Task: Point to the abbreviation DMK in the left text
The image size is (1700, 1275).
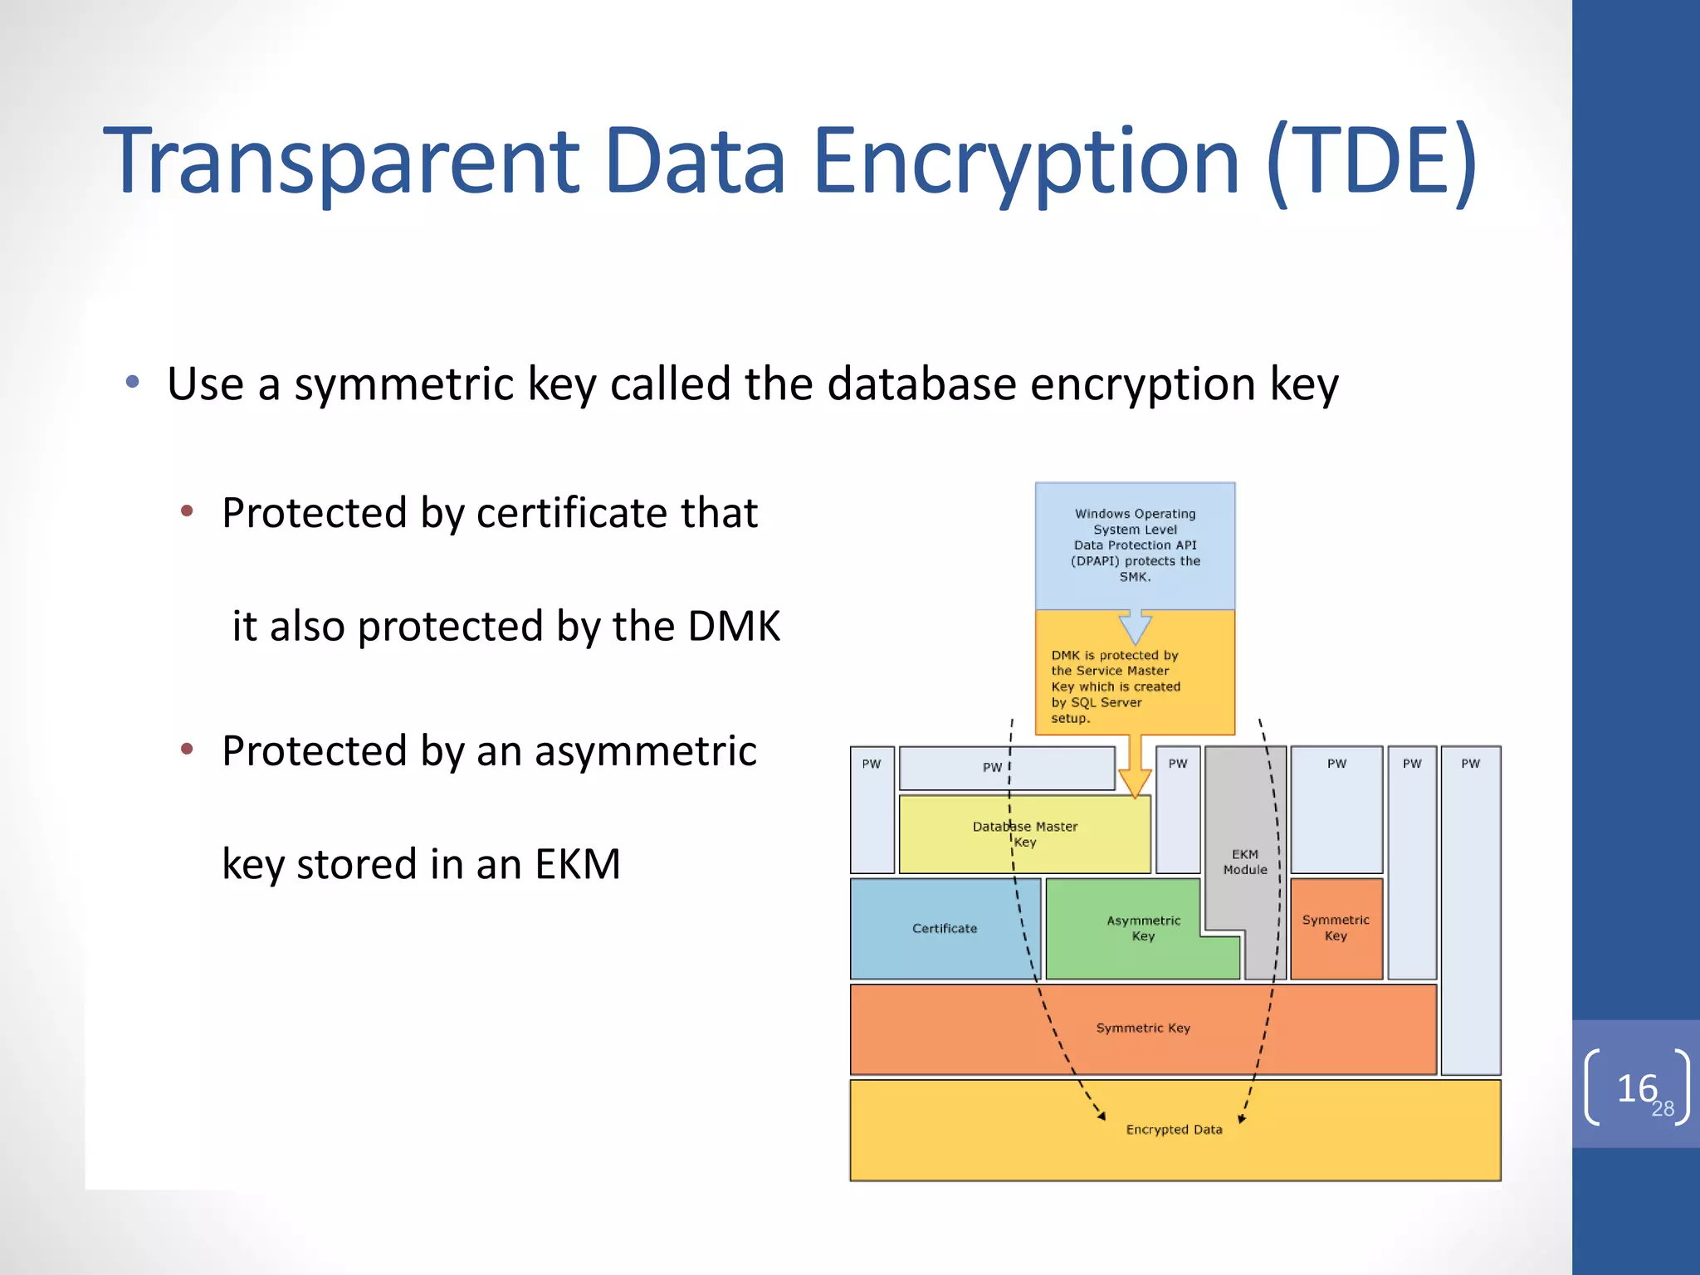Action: (x=734, y=626)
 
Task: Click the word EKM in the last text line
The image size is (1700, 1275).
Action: (x=577, y=864)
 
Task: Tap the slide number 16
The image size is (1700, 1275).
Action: (x=1636, y=1088)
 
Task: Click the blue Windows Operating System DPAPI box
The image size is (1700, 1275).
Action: (x=1135, y=545)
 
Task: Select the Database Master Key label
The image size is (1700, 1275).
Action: (x=1024, y=834)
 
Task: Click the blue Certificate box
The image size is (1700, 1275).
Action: (x=944, y=929)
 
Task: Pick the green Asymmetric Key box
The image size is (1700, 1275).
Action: (x=1142, y=928)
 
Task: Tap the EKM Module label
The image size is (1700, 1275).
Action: (x=1244, y=862)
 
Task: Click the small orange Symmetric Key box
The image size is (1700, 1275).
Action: (x=1336, y=928)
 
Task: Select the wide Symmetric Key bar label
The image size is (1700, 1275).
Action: (x=1143, y=1028)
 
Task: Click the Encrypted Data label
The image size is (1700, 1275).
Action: (x=1174, y=1130)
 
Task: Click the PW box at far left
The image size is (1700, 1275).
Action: (x=872, y=809)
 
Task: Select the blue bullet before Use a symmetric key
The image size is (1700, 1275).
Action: (x=133, y=383)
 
